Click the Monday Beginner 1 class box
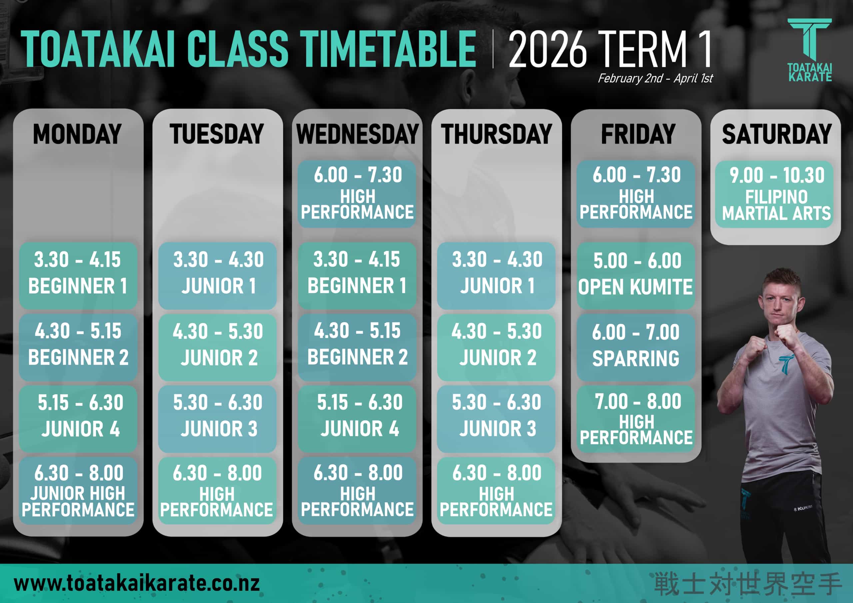(x=78, y=275)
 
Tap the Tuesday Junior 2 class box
(x=217, y=347)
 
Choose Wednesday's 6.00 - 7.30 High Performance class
(x=357, y=194)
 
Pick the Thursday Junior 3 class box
(x=496, y=419)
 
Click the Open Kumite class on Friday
(x=636, y=275)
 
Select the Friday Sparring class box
(x=636, y=347)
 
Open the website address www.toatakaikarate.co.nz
(x=137, y=583)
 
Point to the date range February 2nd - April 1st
(x=655, y=78)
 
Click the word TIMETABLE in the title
(x=388, y=49)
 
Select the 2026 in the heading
(x=547, y=49)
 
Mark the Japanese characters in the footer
(x=747, y=584)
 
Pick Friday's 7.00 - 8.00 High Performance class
(x=636, y=419)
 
